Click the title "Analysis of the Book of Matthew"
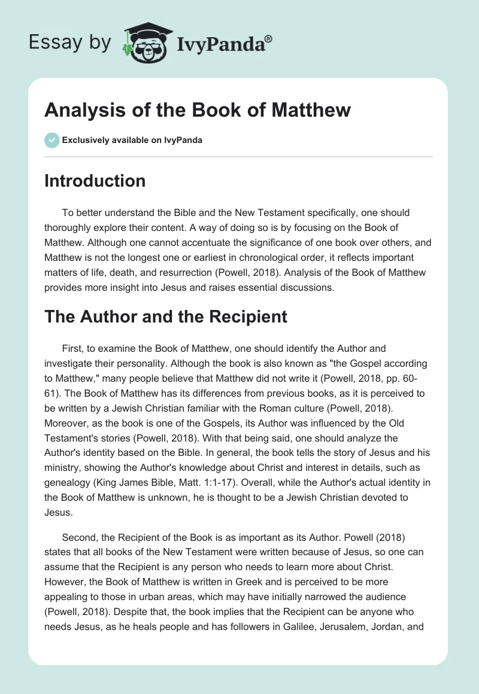[x=198, y=110]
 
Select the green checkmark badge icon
[x=51, y=140]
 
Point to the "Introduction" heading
[x=95, y=181]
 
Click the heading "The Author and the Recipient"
[x=166, y=316]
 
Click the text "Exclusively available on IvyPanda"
[x=132, y=140]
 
